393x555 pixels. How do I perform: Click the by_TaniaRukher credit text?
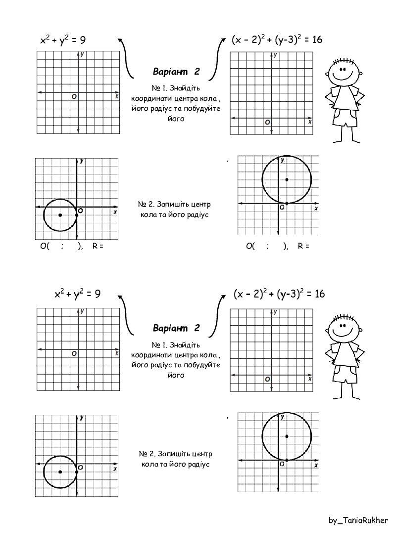point(358,520)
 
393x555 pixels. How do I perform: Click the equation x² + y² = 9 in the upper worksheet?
point(63,40)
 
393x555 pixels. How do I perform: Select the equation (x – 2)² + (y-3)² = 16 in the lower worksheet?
point(279,294)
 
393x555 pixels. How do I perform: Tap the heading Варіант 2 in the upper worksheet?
point(176,72)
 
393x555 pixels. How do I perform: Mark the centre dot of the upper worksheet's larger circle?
point(287,179)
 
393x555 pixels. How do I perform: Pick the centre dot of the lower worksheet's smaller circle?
point(60,472)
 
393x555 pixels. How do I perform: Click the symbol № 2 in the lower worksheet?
point(145,454)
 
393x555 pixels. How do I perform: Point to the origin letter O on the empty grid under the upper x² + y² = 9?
point(74,97)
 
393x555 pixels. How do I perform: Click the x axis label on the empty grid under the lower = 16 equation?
point(310,379)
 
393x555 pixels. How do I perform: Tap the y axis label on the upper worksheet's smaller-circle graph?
point(81,161)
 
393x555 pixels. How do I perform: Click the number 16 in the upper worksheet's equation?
point(315,40)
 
